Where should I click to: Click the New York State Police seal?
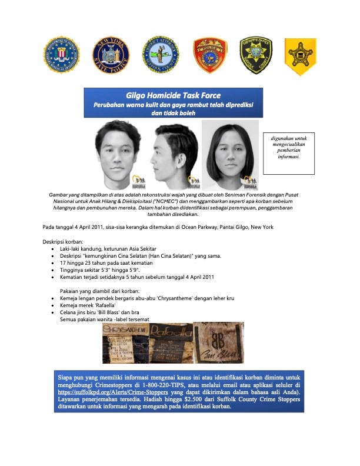[111, 55]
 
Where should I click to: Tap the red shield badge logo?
[210, 55]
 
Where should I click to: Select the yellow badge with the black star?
[300, 56]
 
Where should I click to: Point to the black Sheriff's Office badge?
[256, 55]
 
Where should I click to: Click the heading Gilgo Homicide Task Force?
[173, 95]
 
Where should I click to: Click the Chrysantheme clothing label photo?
[124, 347]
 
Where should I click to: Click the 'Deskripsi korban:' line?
[64, 242]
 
